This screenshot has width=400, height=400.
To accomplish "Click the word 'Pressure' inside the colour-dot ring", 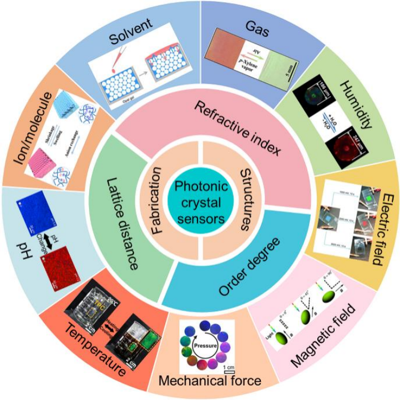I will [206, 345].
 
